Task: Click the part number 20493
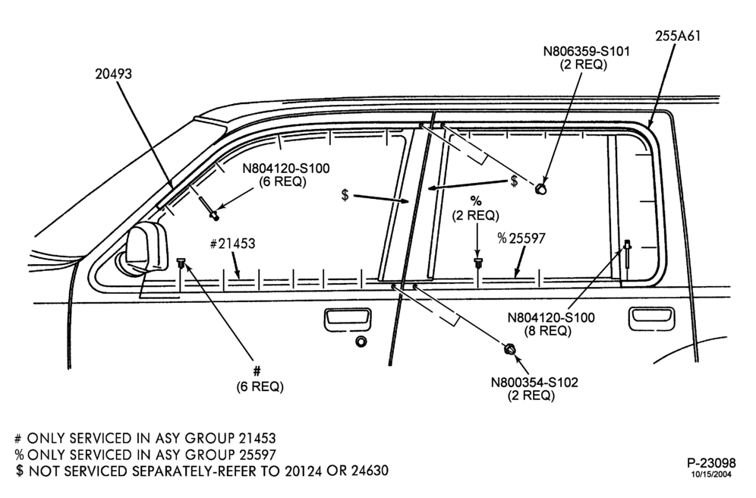coord(113,74)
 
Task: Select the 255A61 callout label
coord(677,36)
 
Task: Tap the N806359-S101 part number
coord(586,51)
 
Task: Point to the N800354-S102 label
coord(534,383)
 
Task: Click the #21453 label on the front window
coord(233,244)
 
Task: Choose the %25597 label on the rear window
coord(521,238)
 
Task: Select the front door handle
coord(348,320)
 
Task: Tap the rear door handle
coord(652,318)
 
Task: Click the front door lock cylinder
coord(361,342)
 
